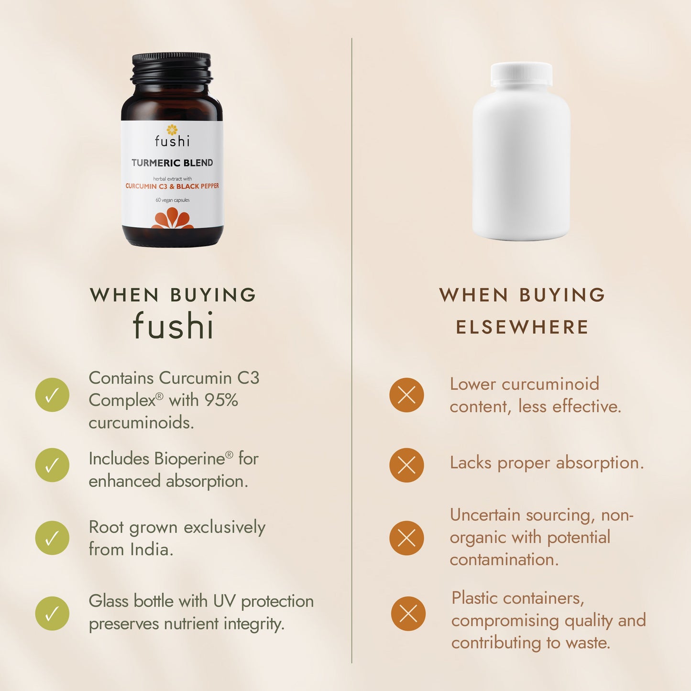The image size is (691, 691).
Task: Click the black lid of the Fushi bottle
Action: (171, 68)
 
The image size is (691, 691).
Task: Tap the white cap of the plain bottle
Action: (521, 74)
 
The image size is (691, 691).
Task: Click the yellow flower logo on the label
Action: (172, 130)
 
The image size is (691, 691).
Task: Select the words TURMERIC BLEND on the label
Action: (172, 163)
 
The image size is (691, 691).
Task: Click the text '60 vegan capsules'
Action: (173, 200)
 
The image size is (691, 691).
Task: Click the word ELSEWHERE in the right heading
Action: (522, 327)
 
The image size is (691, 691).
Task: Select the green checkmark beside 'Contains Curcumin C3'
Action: (52, 395)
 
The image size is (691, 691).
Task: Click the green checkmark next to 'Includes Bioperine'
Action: (52, 465)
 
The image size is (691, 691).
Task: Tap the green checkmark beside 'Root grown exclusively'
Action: (52, 538)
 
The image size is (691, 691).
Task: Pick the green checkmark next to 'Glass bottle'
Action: (52, 614)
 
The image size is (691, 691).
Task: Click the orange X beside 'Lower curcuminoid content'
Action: (406, 395)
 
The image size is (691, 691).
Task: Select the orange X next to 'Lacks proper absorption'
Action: (406, 465)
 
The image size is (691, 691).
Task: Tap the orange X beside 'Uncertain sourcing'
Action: (406, 538)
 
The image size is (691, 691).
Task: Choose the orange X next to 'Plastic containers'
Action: (408, 614)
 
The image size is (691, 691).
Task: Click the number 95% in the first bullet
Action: (220, 400)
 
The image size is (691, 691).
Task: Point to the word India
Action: (151, 549)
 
